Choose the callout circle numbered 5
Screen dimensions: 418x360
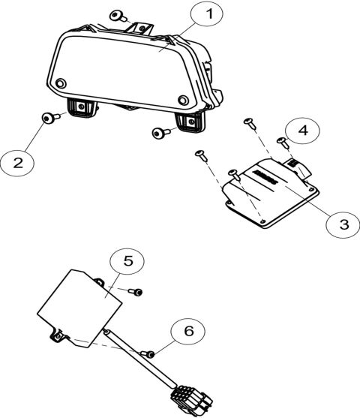[x=126, y=262]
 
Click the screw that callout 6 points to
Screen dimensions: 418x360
[x=151, y=353]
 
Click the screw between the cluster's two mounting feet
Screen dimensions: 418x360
[x=159, y=133]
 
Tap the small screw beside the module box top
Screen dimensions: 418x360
[x=137, y=291]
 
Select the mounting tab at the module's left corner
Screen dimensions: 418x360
[x=56, y=338]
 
